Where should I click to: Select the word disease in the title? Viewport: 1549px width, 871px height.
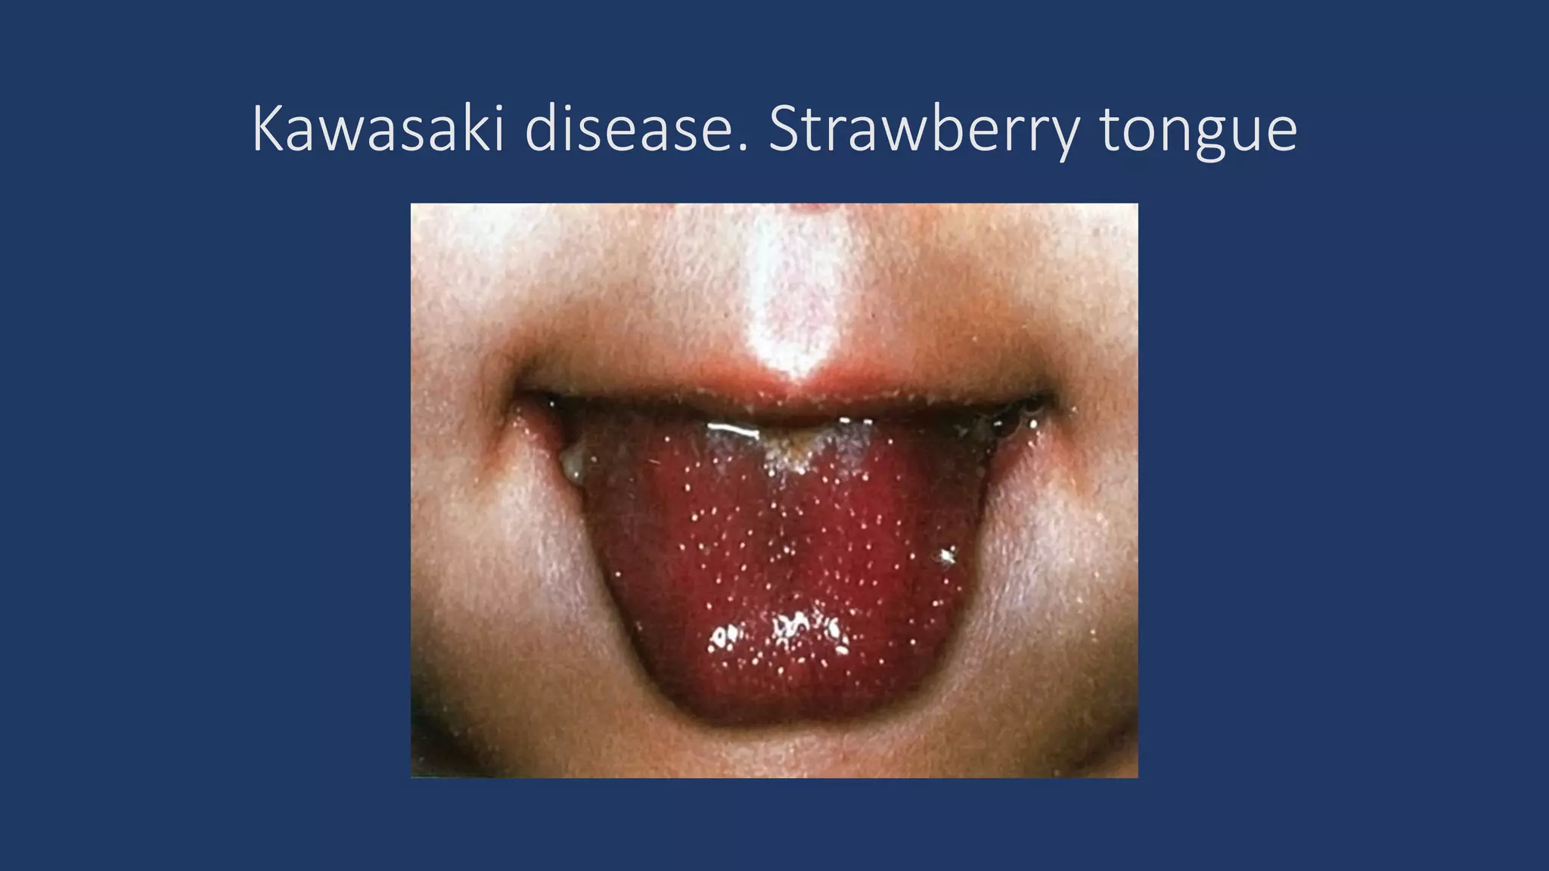[x=637, y=129]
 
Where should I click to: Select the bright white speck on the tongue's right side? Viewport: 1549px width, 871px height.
[x=946, y=557]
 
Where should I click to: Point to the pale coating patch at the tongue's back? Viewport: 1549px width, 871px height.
[x=794, y=454]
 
